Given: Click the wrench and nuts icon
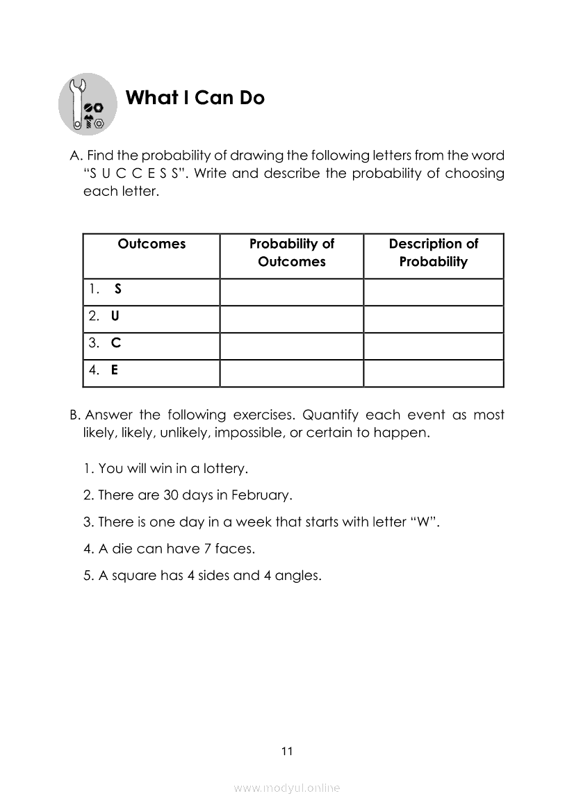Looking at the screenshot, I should coord(88,104).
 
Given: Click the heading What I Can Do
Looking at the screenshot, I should coord(195,98).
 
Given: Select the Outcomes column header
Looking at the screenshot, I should coord(151,244).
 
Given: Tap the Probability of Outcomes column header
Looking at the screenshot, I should coord(292,253).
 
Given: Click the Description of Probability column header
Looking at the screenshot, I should coord(434,253).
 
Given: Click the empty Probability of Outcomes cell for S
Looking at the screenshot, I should coord(292,292).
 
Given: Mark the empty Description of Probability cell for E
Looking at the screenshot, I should coord(434,374).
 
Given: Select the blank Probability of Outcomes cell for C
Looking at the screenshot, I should coord(292,347).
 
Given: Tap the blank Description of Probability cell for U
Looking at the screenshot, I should coord(434,320).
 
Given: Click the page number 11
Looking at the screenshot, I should coord(287,751).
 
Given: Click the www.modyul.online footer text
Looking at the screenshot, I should coord(287,788).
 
